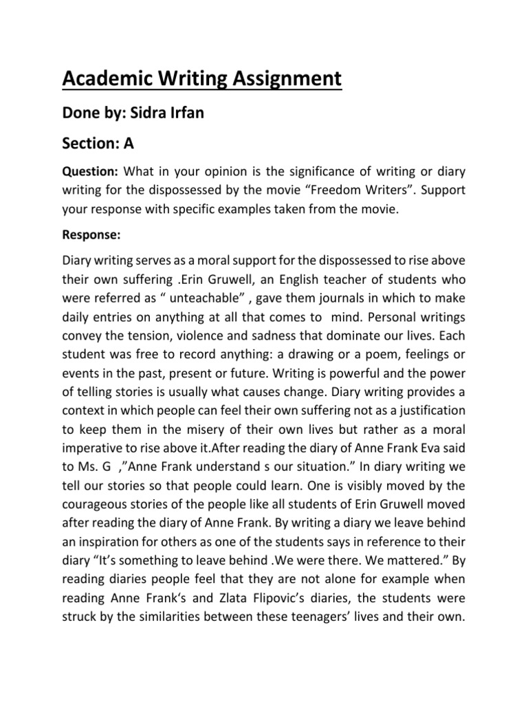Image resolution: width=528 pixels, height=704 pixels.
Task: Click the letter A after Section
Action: pos(129,144)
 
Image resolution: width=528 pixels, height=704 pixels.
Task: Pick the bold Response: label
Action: pos(91,235)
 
